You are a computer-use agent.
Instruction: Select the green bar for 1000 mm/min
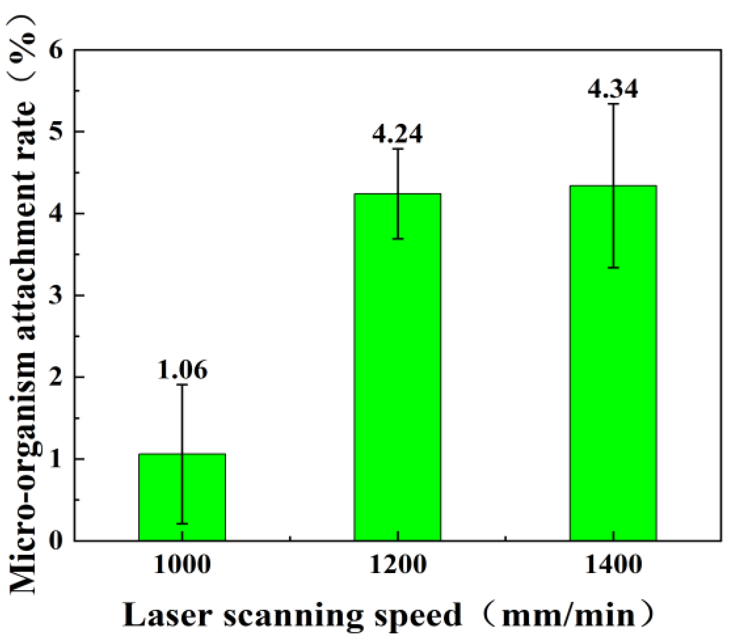(182, 497)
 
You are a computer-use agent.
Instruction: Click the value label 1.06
(182, 370)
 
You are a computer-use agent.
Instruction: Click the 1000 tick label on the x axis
(182, 565)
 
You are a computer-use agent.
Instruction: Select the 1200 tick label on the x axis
(398, 565)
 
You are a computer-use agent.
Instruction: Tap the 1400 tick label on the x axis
(613, 565)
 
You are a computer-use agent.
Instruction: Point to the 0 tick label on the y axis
(56, 541)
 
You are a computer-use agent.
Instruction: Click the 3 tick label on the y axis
(56, 296)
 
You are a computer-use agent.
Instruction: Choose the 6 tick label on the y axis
(56, 50)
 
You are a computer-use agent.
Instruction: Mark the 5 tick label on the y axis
(56, 132)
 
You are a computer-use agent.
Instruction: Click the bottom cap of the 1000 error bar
(182, 523)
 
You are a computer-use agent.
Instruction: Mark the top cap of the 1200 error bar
(398, 149)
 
